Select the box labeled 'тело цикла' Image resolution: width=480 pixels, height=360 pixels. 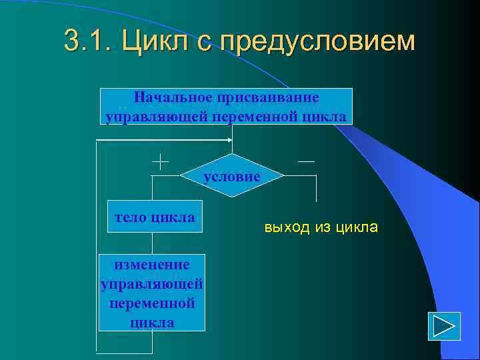(155, 217)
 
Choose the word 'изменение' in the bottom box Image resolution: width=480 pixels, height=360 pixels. (152, 265)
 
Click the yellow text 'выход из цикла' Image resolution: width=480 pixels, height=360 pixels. (321, 227)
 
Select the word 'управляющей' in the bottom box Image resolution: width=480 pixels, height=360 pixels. (152, 284)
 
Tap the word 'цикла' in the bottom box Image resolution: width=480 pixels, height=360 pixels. (152, 323)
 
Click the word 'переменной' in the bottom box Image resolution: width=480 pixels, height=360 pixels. (152, 303)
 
